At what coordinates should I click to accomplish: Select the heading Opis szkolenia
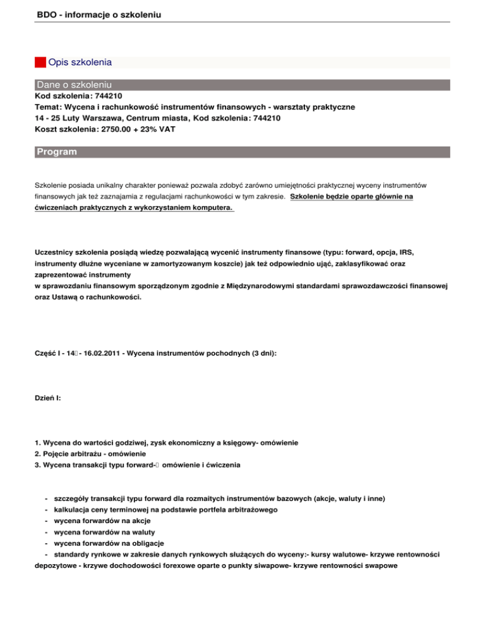(80, 63)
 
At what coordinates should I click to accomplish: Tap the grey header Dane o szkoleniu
(75, 84)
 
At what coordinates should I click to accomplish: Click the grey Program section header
(57, 152)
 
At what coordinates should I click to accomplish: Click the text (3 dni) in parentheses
(260, 354)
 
